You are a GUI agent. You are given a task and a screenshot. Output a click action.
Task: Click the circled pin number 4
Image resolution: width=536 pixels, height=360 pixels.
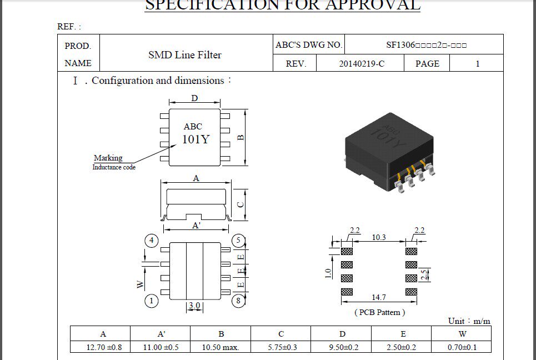click(151, 241)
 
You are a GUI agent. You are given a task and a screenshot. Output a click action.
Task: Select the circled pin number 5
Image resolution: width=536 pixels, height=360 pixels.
click(238, 241)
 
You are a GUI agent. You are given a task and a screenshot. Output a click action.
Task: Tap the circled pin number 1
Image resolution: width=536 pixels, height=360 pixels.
click(151, 301)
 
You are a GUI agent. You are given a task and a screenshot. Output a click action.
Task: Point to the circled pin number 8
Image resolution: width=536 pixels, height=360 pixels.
click(238, 301)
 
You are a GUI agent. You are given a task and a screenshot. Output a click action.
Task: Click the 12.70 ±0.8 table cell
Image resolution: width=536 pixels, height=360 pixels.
click(101, 348)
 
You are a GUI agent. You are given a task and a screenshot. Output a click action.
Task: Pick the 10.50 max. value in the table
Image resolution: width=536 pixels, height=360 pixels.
click(221, 348)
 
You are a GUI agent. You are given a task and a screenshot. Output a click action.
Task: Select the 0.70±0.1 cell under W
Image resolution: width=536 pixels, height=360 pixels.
click(462, 348)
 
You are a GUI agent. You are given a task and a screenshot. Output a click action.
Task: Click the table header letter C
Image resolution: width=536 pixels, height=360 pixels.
click(281, 334)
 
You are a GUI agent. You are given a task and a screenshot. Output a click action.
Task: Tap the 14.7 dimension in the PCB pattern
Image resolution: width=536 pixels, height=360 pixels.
click(379, 298)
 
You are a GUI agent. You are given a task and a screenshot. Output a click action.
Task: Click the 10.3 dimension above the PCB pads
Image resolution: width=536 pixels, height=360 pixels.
click(379, 237)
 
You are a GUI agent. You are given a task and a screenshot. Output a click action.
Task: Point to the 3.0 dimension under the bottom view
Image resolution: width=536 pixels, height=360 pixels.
click(194, 306)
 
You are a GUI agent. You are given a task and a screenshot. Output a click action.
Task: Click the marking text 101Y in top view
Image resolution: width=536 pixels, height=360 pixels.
click(196, 139)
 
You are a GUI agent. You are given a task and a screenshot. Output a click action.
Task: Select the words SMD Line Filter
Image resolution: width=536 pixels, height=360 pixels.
click(185, 55)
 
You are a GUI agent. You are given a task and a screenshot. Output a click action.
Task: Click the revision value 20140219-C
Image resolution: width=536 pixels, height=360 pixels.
click(362, 64)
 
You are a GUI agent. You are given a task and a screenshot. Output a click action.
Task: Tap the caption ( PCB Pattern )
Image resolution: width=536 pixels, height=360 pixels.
click(379, 312)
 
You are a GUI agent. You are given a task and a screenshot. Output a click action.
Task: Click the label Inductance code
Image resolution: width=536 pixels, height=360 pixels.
click(114, 167)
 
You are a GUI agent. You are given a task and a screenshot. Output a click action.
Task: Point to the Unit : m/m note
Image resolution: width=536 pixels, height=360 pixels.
click(469, 321)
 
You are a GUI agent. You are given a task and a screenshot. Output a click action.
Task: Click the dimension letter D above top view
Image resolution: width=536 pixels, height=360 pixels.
click(194, 99)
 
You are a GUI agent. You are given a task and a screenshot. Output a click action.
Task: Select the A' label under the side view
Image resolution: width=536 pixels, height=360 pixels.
click(196, 226)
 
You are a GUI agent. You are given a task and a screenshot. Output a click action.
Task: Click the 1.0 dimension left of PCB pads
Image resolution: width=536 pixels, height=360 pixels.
click(328, 273)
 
